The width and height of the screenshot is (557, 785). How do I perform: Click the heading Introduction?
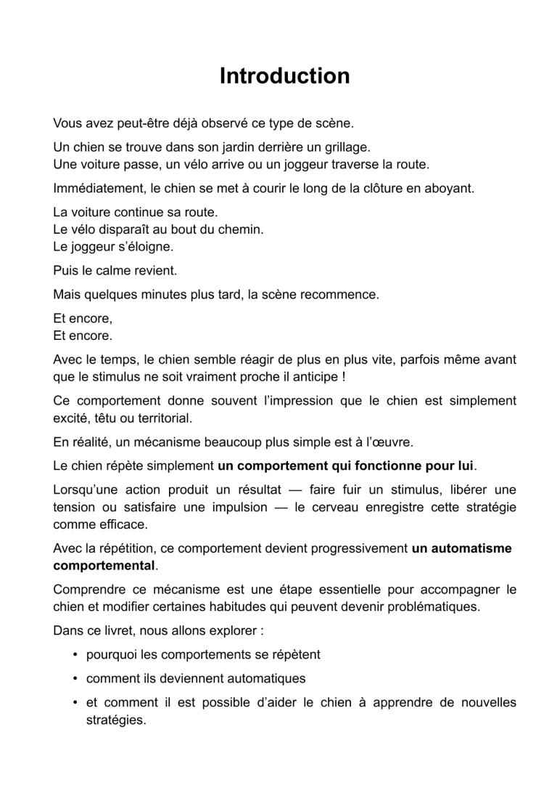pos(284,76)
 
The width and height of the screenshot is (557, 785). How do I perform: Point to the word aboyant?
pos(449,189)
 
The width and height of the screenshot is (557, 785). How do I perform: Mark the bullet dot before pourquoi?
pos(75,654)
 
